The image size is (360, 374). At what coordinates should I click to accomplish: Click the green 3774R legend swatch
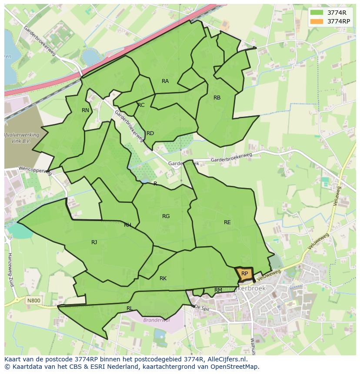(x=317, y=13)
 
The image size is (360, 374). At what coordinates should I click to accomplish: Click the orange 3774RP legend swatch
(x=317, y=21)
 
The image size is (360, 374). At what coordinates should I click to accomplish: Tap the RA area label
(x=165, y=81)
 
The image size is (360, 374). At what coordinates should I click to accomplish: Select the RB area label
(x=217, y=98)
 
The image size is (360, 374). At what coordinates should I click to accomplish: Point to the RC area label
(x=141, y=105)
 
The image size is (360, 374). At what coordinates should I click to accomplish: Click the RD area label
(x=150, y=133)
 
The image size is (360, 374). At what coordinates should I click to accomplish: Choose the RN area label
(x=85, y=110)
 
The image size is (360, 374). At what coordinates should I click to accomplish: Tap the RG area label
(x=166, y=216)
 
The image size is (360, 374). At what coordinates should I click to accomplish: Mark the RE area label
(x=227, y=222)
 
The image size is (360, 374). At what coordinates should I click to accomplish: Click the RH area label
(x=127, y=225)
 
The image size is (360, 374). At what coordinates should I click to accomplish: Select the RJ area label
(x=94, y=242)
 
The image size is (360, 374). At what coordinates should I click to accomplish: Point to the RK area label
(x=163, y=278)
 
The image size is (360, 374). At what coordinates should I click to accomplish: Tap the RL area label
(x=130, y=308)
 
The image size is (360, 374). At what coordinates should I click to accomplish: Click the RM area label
(x=218, y=290)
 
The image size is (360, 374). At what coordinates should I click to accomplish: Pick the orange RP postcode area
(x=244, y=274)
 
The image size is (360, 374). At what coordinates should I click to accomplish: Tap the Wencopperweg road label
(x=35, y=170)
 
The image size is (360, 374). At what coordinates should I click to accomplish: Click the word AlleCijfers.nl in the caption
(x=226, y=359)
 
